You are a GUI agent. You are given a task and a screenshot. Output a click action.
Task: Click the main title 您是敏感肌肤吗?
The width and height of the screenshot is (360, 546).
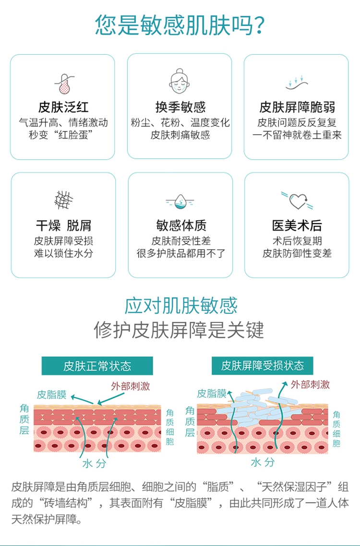tap(180, 25)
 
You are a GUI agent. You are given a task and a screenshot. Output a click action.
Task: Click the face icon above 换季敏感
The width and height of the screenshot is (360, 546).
tap(180, 82)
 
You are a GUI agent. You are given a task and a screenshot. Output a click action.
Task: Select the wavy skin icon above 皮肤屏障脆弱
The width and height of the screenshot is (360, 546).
tap(297, 83)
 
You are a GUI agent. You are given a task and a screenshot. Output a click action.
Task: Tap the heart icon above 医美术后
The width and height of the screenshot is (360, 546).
tap(297, 200)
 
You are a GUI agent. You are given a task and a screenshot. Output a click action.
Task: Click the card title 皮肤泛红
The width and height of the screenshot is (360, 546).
tap(63, 107)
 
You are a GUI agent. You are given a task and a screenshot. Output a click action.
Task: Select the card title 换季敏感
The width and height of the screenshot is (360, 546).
tap(180, 107)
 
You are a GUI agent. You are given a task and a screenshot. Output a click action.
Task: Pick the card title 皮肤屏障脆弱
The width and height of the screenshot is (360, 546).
tap(297, 107)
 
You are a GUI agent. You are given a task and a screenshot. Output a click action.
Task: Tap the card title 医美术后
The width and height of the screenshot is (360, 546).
tap(297, 226)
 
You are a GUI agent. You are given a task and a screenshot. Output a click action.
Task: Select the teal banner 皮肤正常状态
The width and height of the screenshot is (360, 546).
tap(97, 366)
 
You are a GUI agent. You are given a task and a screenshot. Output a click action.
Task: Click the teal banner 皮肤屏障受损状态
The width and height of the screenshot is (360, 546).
tap(262, 366)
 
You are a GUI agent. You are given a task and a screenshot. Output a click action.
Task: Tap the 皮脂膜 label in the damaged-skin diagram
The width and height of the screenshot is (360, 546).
tap(212, 394)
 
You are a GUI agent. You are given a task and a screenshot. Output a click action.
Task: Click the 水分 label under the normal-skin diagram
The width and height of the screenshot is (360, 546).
tap(94, 464)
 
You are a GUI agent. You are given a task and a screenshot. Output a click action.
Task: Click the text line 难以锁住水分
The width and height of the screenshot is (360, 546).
tap(63, 253)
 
